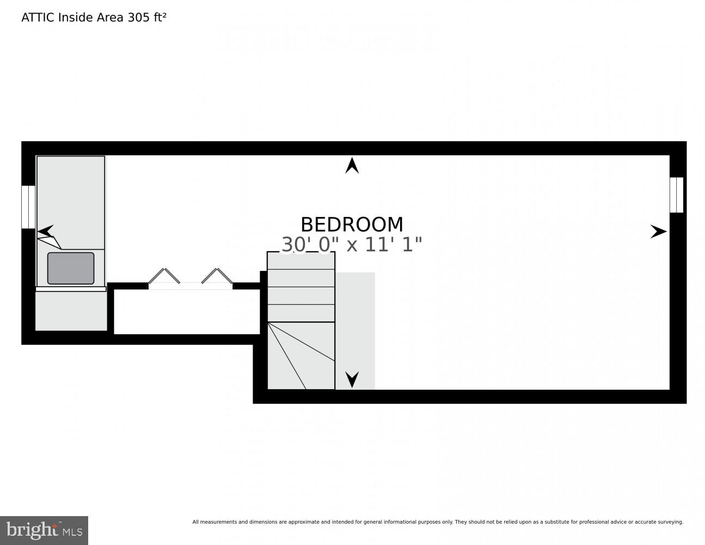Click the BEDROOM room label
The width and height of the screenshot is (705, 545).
[x=352, y=225]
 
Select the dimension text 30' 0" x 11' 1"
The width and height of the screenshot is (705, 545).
[x=352, y=245]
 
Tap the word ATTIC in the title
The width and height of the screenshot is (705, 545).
[x=38, y=17]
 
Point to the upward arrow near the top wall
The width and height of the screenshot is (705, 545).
[x=352, y=166]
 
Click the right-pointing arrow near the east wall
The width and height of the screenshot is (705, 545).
[x=658, y=232]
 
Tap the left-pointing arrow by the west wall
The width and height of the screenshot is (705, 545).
[x=45, y=231]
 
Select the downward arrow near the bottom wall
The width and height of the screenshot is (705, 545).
[x=352, y=379]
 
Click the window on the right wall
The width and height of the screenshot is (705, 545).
[x=676, y=195]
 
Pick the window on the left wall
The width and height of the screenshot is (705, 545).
[x=28, y=207]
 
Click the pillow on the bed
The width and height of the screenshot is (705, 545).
[x=71, y=268]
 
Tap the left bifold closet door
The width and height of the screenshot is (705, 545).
[x=163, y=276]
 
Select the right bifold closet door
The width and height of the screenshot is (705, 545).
[x=217, y=276]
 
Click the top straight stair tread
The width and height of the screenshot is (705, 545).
[x=301, y=261]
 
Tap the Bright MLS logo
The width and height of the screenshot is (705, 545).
[x=44, y=530]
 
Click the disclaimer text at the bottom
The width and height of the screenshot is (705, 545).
[x=437, y=522]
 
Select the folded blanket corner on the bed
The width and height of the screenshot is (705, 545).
[x=49, y=242]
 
